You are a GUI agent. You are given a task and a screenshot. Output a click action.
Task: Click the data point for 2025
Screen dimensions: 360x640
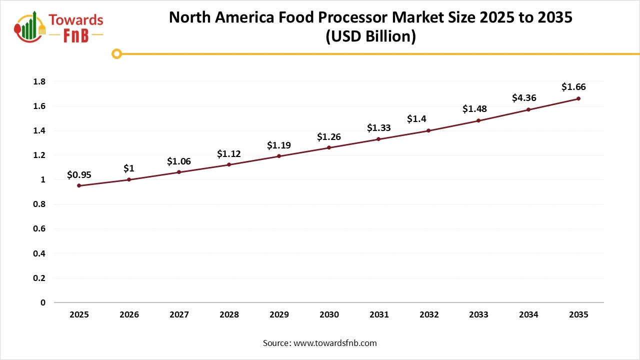pos(79,185)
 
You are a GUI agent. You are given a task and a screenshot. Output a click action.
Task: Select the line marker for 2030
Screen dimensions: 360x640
pos(329,147)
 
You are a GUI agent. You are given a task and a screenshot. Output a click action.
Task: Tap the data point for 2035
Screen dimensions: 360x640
pos(578,98)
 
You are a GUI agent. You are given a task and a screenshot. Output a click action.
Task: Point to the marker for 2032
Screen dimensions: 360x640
pos(428,130)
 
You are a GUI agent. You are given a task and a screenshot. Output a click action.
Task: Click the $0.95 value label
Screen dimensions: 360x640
pos(79,175)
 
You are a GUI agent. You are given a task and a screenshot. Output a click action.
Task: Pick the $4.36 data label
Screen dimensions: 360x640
pos(524,98)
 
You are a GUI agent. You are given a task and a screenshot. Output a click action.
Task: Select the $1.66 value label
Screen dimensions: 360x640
pos(573,87)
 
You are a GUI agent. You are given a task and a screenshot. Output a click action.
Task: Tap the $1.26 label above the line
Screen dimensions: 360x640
pos(329,136)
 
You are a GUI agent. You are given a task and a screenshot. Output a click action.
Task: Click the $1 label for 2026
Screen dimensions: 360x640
pos(129,168)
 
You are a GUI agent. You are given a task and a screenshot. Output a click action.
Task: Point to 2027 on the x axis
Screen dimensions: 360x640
pos(179,315)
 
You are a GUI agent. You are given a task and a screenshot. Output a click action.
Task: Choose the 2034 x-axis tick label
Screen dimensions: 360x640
pos(528,315)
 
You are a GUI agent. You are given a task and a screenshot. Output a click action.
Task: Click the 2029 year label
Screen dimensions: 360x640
pos(279,315)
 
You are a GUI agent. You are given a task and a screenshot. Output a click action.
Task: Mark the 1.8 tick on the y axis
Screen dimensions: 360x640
pos(39,81)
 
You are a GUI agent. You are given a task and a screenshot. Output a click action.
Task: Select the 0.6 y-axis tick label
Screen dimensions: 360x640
pos(39,228)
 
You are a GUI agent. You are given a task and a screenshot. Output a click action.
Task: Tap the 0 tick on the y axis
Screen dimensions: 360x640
pos(43,302)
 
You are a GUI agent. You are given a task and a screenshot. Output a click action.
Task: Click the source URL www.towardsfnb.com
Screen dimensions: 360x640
pos(334,343)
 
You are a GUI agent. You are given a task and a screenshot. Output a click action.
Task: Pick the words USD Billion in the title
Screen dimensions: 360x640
pos(370,37)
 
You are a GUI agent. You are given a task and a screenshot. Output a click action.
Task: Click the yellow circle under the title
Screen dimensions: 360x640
pos(116,53)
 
